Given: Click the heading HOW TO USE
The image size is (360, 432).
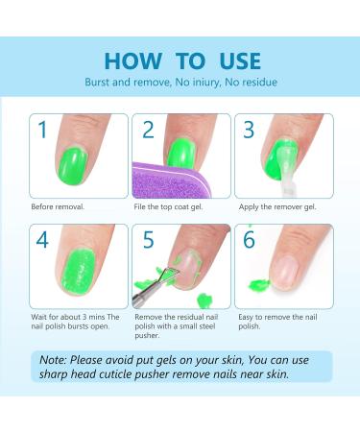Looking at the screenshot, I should click(181, 60).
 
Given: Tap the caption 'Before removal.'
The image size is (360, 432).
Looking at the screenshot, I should click(57, 206).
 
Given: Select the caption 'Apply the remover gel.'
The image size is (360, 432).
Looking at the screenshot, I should click(273, 206).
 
